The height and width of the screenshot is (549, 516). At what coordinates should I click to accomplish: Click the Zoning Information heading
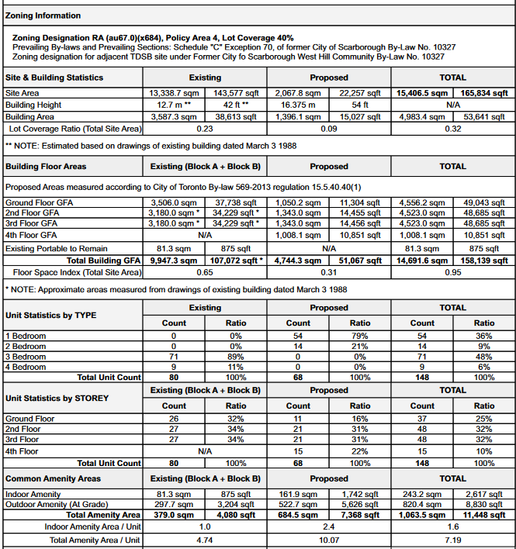pyautogui.click(x=43, y=16)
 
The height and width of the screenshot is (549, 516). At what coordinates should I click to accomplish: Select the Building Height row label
pyautogui.click(x=33, y=105)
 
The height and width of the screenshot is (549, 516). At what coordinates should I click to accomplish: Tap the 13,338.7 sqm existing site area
pyautogui.click(x=173, y=93)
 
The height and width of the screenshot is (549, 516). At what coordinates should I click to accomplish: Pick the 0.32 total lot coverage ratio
pyautogui.click(x=453, y=129)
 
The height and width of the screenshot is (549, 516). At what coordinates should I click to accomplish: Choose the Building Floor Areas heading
pyautogui.click(x=46, y=166)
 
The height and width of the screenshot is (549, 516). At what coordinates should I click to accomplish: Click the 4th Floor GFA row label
pyautogui.click(x=31, y=235)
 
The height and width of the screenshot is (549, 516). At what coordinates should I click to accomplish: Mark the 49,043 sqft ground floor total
pyautogui.click(x=484, y=202)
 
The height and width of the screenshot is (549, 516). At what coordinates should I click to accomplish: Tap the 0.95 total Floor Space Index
pyautogui.click(x=453, y=272)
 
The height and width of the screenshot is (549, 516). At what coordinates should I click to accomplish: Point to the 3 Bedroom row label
pyautogui.click(x=25, y=357)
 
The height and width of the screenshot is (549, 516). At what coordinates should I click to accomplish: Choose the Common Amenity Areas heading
pyautogui.click(x=53, y=478)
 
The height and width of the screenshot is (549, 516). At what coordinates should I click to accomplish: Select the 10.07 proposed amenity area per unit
pyautogui.click(x=329, y=540)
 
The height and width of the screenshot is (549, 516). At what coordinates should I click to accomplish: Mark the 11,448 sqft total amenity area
pyautogui.click(x=484, y=515)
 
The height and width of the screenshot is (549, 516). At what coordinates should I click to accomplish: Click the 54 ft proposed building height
pyautogui.click(x=360, y=105)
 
